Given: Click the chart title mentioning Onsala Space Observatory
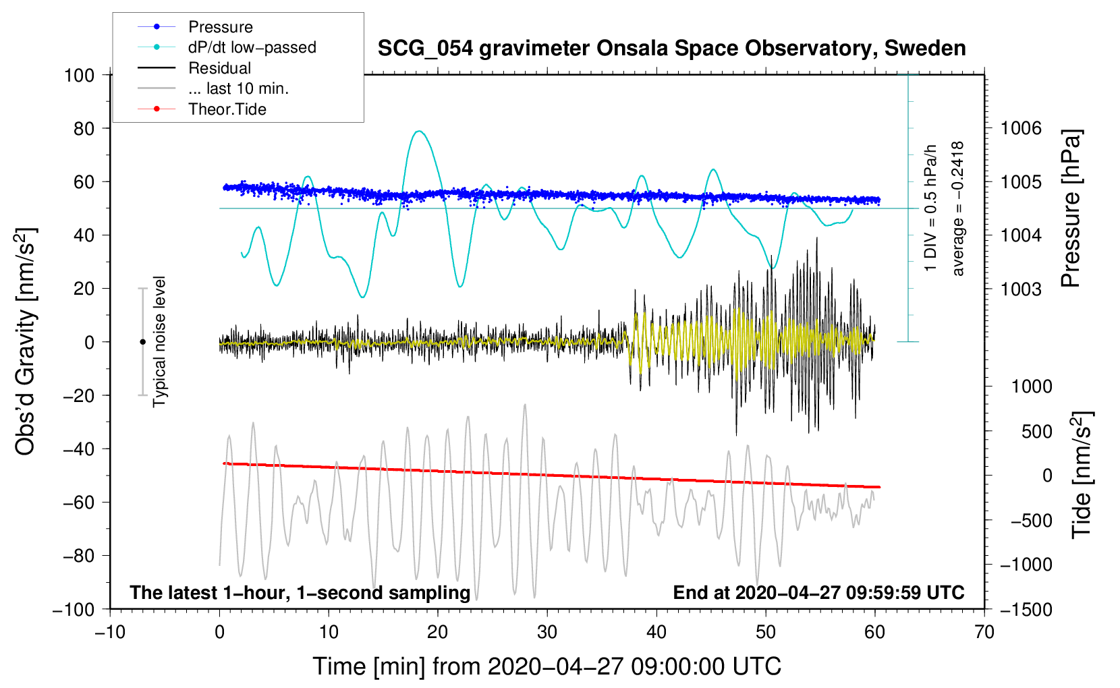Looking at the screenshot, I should (671, 49).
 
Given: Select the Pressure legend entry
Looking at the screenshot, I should (220, 27).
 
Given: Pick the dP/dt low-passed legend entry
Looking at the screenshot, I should (252, 47).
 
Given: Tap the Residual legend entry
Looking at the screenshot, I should (219, 68).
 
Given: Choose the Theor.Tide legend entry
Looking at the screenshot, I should (227, 109).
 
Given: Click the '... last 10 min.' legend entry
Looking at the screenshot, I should (238, 88).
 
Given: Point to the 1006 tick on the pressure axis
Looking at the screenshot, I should (1021, 128).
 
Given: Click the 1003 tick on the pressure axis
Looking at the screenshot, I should (1021, 289).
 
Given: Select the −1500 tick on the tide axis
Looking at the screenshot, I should (1026, 609).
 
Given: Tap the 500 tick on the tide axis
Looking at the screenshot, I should (1036, 432).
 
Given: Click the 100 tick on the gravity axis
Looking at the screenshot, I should (79, 75).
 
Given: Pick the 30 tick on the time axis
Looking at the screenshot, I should (547, 632).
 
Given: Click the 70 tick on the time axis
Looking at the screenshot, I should (984, 632).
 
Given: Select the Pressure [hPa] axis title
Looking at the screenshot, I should (1071, 208).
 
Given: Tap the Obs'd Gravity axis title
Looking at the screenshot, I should (25, 341).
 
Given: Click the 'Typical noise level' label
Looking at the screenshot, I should (159, 341).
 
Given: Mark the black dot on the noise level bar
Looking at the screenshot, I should (142, 342).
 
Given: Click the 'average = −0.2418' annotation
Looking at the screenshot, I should (958, 208).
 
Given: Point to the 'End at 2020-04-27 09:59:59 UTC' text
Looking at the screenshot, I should (818, 593).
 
